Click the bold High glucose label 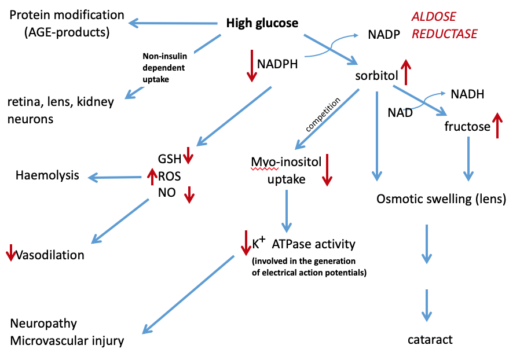[262, 24]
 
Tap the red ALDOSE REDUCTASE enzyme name [444, 25]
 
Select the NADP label [383, 35]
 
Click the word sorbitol [376, 76]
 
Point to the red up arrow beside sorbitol [407, 72]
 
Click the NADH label [467, 94]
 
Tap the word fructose [467, 126]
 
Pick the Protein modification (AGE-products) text [67, 23]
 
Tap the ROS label [170, 175]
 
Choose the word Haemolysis [47, 175]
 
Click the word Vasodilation [50, 255]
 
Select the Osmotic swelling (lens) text [441, 200]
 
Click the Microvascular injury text [67, 341]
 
